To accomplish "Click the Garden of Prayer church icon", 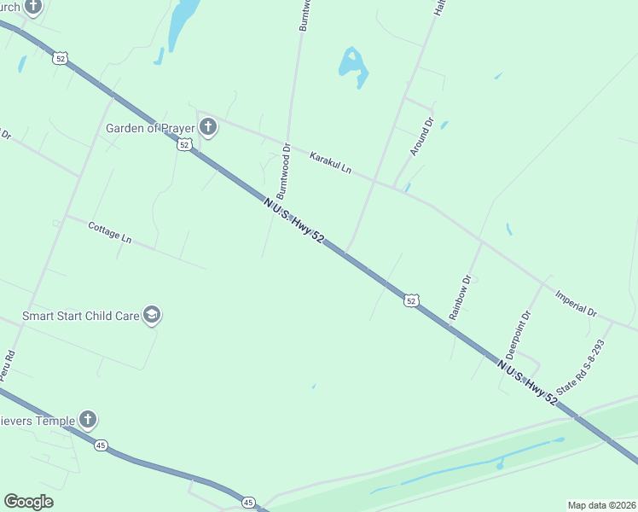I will tap(207, 129).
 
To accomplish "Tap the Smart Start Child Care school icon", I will tap(153, 316).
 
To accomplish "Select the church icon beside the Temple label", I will tap(88, 419).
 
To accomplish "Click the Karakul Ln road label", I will tap(331, 163).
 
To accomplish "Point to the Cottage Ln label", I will tap(110, 234).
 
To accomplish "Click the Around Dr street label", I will tap(422, 137).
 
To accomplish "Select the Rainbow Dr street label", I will tap(461, 296).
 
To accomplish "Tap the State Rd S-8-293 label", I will tap(580, 367).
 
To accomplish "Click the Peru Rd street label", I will tap(8, 364).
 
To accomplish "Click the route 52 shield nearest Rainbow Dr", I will tap(412, 300).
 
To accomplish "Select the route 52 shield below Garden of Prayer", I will tap(184, 145).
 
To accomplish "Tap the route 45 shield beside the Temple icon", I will tap(101, 445).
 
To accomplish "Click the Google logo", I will tap(28, 502).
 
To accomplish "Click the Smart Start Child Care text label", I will tap(80, 316).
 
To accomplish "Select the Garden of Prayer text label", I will tap(150, 129).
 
